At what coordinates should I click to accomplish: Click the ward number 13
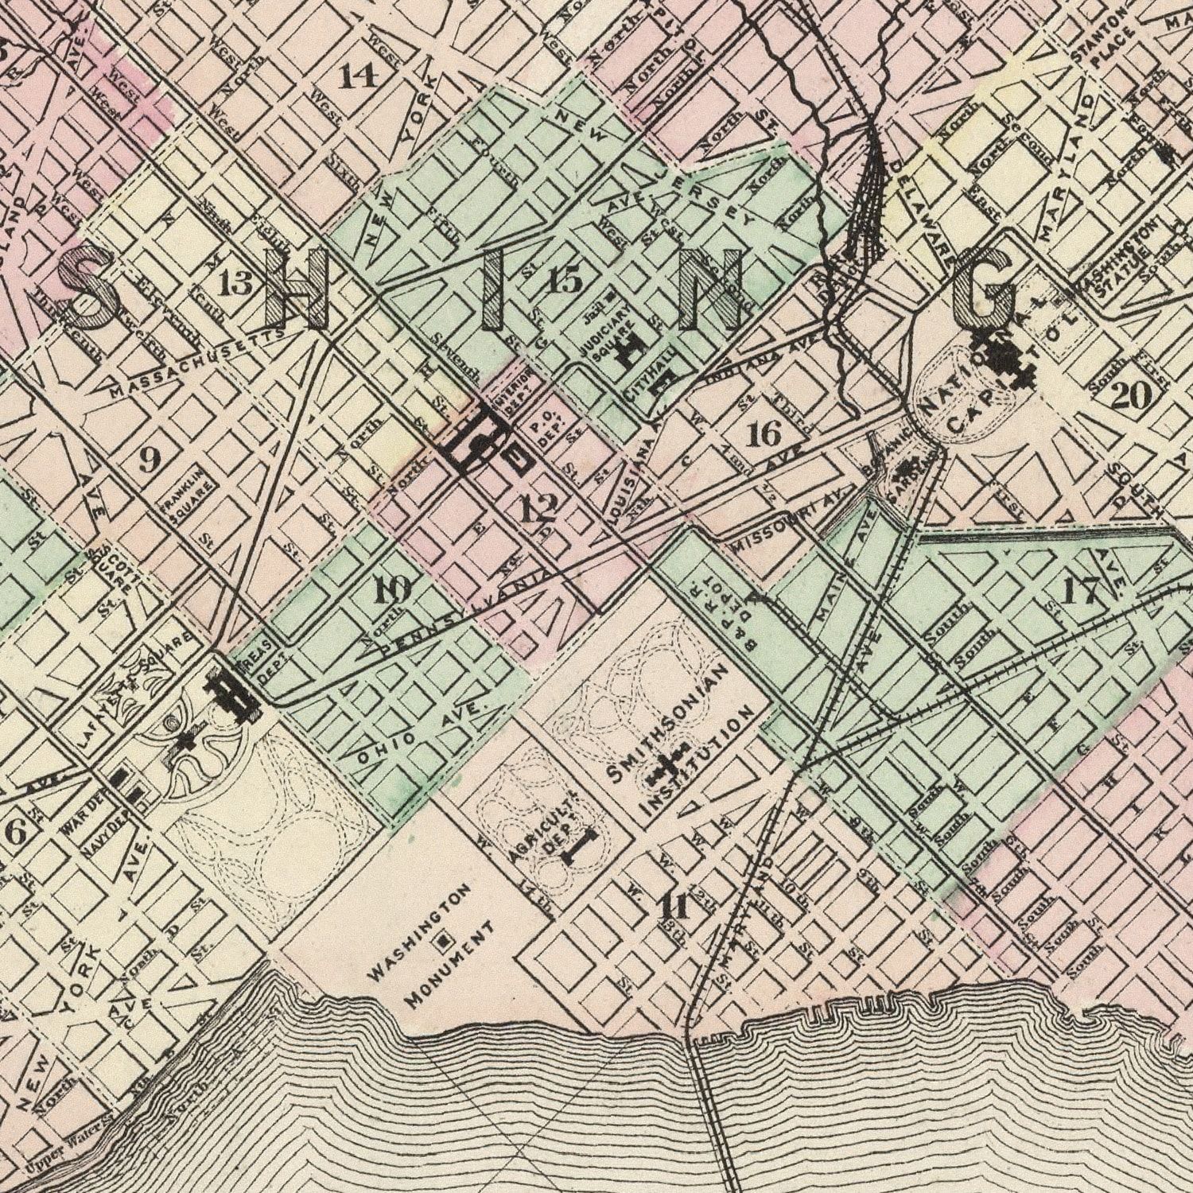(236, 282)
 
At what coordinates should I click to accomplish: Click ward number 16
(765, 434)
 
